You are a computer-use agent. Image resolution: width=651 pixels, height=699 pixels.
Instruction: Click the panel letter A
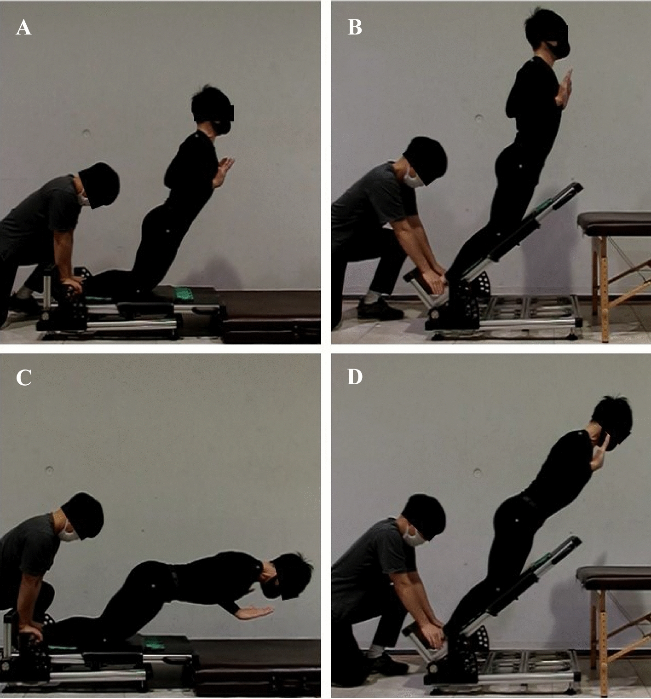(23, 28)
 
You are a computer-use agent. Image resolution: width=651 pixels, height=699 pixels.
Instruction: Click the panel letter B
(355, 28)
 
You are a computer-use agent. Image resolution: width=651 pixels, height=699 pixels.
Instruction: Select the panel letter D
(355, 377)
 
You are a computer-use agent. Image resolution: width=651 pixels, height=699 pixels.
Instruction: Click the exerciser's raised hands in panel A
(222, 171)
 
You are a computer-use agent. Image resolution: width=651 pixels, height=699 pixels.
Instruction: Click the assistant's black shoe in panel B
(380, 310)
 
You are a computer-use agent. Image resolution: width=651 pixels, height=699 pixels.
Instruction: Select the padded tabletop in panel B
(614, 224)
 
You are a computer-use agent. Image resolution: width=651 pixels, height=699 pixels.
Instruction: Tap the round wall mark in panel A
(86, 133)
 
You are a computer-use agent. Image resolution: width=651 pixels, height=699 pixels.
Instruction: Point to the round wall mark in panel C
(50, 469)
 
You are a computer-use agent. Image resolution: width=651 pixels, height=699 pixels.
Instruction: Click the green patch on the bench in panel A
(183, 294)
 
